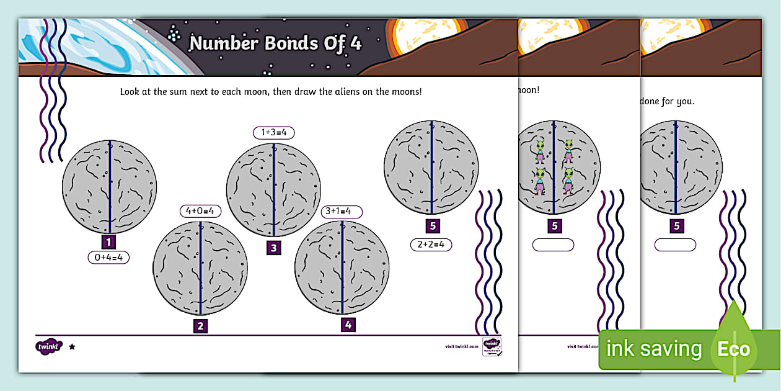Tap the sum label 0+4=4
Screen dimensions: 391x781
pyautogui.click(x=108, y=258)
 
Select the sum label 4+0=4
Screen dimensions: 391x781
pyautogui.click(x=200, y=211)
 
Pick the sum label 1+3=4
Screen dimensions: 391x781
pyautogui.click(x=273, y=133)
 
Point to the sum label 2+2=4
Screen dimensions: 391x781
pyautogui.click(x=431, y=245)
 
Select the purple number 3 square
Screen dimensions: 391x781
pyautogui.click(x=273, y=248)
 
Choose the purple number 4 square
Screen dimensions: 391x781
pyautogui.click(x=348, y=324)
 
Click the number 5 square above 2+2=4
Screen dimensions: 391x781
pyautogui.click(x=433, y=226)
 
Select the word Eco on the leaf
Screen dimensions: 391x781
pyautogui.click(x=733, y=349)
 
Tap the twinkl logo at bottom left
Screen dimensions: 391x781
pyautogui.click(x=49, y=346)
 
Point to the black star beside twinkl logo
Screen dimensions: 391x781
pyautogui.click(x=72, y=346)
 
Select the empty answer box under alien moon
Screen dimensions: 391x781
pyautogui.click(x=554, y=245)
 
